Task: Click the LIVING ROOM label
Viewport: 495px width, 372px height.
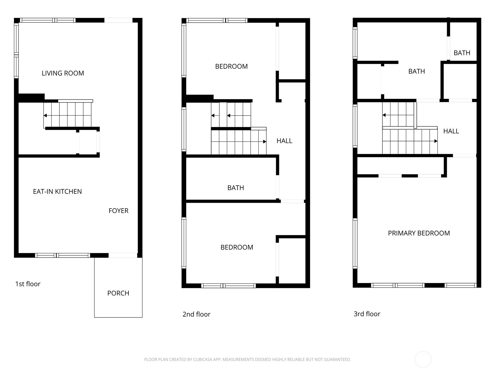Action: (63, 73)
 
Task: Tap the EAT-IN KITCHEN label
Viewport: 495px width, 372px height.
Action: (57, 192)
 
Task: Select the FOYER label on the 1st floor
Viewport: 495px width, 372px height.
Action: (118, 211)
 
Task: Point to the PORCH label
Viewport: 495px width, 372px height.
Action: (118, 293)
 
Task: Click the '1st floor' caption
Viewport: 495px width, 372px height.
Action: (28, 284)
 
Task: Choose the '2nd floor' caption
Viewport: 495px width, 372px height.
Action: (196, 314)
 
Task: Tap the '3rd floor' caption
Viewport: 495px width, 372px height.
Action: (367, 314)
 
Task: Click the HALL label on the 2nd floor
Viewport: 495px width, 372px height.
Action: (284, 141)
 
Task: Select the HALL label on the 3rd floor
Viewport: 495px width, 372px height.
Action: (451, 131)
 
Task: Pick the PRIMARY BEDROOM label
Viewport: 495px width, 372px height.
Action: (419, 233)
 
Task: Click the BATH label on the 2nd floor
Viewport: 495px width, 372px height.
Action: (236, 188)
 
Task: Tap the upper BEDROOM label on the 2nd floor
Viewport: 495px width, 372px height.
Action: (231, 66)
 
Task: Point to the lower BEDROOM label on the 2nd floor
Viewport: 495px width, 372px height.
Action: (237, 247)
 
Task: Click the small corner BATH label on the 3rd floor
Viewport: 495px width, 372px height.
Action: (462, 53)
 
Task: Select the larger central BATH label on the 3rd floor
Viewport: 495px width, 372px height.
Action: (416, 71)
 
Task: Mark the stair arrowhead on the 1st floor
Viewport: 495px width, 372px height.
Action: (45, 116)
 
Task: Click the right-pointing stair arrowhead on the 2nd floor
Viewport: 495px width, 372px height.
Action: (265, 142)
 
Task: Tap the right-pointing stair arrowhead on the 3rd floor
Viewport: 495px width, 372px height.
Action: (436, 141)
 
